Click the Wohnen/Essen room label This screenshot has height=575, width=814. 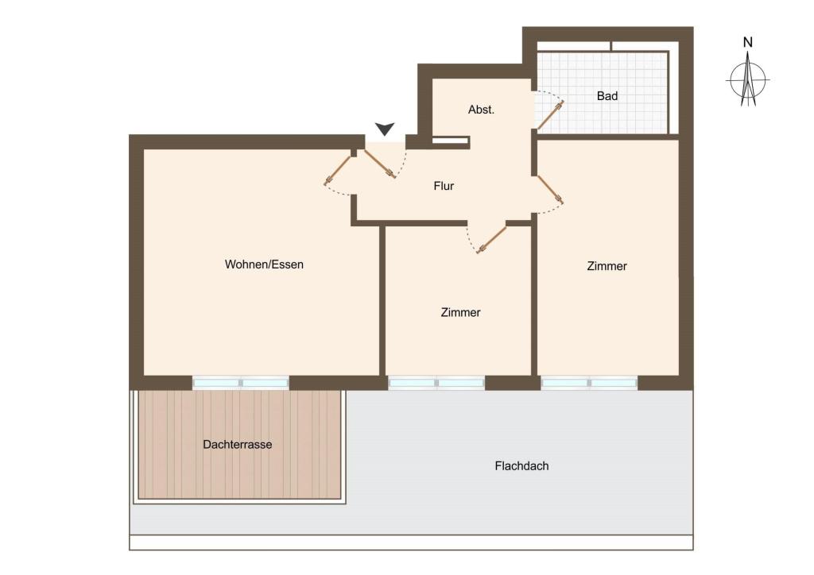click(264, 264)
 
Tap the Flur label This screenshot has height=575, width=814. click(444, 186)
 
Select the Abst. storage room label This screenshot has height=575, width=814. click(481, 110)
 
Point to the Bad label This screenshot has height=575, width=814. click(607, 96)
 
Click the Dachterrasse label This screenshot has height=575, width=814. click(237, 444)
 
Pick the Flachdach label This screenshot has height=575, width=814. click(521, 466)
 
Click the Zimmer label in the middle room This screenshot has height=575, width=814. click(460, 312)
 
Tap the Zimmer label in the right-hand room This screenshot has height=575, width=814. click(607, 266)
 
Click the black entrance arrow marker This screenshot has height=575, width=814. click(385, 129)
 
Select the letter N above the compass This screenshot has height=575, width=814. click(747, 43)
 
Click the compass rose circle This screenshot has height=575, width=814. click(747, 80)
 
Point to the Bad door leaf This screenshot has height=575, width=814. click(550, 115)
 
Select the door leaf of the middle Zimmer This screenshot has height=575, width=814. click(491, 240)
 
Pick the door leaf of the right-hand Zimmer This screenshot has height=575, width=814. click(550, 189)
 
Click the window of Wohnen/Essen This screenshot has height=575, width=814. click(240, 383)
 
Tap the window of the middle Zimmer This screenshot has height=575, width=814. click(436, 383)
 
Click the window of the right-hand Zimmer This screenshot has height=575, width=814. click(589, 383)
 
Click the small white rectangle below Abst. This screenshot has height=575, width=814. click(450, 140)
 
